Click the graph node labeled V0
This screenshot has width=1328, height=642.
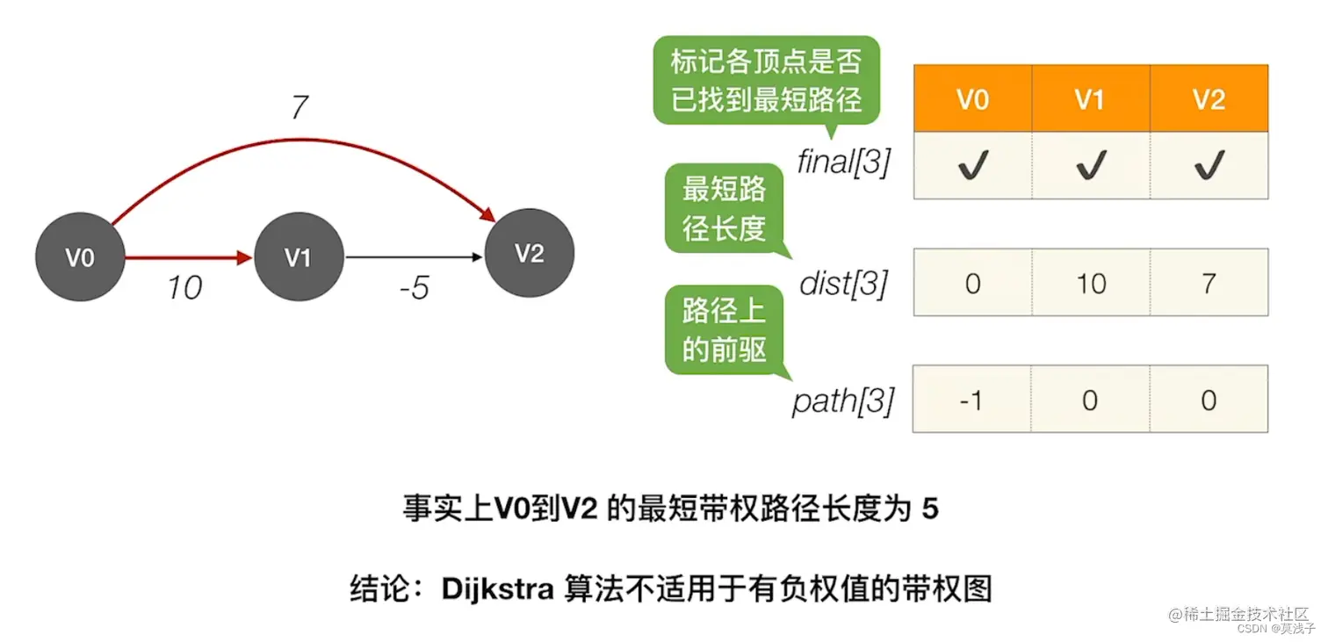click(x=79, y=258)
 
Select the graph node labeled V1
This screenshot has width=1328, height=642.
click(x=298, y=258)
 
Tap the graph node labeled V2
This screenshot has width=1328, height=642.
click(x=530, y=254)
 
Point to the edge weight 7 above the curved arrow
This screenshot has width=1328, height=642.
click(x=299, y=108)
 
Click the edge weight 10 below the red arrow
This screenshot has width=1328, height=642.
click(x=184, y=287)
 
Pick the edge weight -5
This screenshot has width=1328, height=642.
click(x=413, y=288)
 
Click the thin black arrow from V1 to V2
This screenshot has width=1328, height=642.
click(x=413, y=258)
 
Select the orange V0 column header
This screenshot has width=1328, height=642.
click(x=972, y=99)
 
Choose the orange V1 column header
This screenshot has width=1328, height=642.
click(x=1090, y=99)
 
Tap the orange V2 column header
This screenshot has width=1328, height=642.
click(x=1209, y=99)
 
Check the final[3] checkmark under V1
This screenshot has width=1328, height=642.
click(x=1090, y=166)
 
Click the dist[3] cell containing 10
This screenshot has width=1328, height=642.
click(x=1090, y=283)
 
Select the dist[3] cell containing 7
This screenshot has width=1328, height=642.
click(x=1209, y=283)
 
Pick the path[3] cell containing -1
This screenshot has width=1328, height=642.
click(x=972, y=400)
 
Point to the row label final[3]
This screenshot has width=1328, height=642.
click(x=843, y=162)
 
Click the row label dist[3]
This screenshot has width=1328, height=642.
click(x=844, y=283)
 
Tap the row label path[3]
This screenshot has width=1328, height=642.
click(x=843, y=401)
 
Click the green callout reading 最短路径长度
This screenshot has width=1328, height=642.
click(x=724, y=209)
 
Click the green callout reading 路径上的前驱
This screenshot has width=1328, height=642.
click(x=724, y=330)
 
